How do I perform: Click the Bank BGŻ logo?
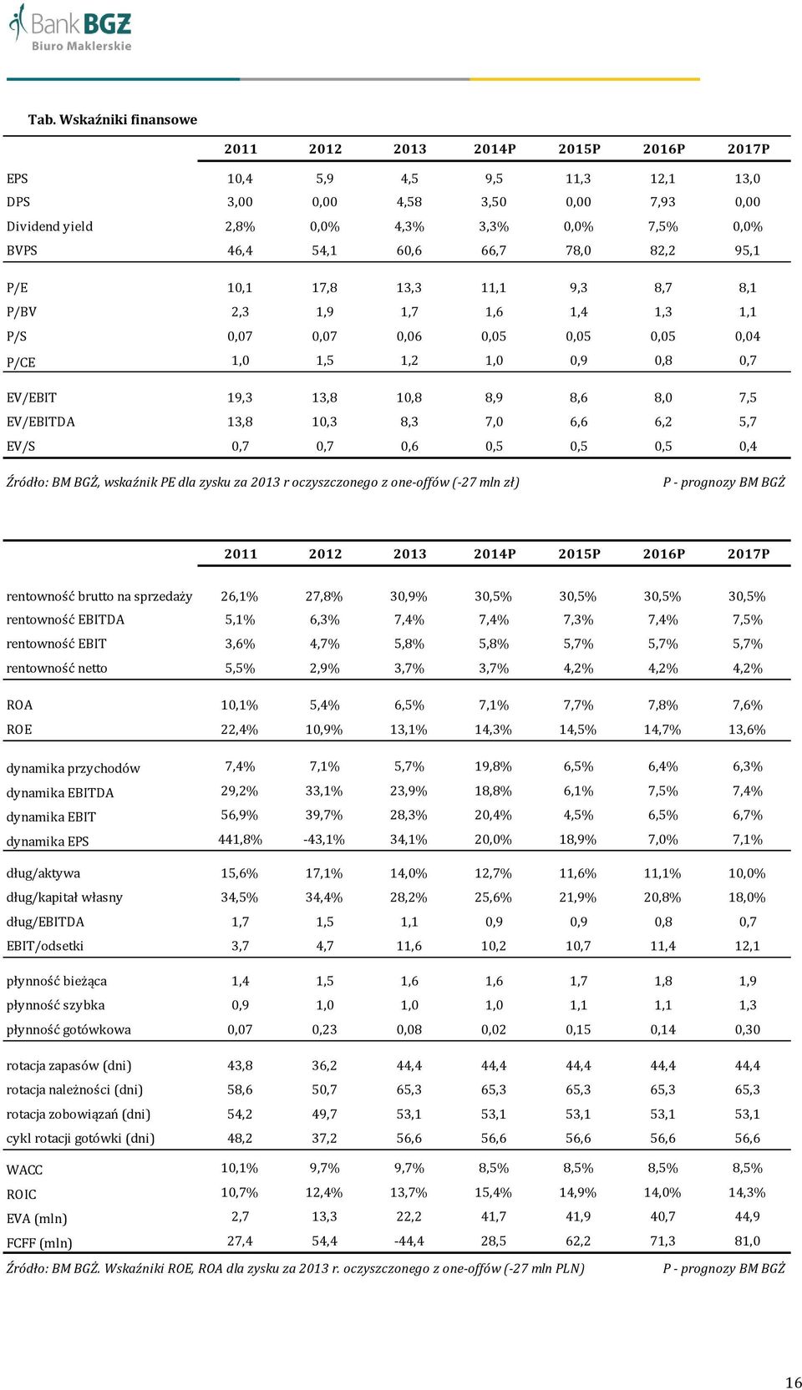click(x=69, y=28)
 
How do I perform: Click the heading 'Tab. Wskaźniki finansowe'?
click(x=112, y=119)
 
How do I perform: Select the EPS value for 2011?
click(x=240, y=179)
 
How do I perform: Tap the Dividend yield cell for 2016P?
click(x=663, y=226)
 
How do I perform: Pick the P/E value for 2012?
click(x=325, y=288)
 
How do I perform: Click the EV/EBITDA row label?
click(x=40, y=422)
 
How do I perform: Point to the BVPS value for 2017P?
click(x=748, y=250)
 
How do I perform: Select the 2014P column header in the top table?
click(x=494, y=149)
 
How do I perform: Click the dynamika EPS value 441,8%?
click(x=240, y=840)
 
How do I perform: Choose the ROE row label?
click(x=19, y=730)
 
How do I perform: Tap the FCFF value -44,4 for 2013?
click(x=409, y=1241)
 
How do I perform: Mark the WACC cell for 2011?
click(x=240, y=1168)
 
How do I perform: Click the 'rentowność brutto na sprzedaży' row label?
click(x=99, y=597)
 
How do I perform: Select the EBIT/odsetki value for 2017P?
click(x=748, y=947)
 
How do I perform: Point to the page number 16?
click(x=794, y=1382)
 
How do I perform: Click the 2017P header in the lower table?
click(x=748, y=554)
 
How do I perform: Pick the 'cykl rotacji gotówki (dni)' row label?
click(x=81, y=1139)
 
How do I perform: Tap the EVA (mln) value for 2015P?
click(x=579, y=1217)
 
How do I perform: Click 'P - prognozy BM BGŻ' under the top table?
click(x=723, y=483)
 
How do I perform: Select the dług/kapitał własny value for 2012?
click(x=325, y=897)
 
